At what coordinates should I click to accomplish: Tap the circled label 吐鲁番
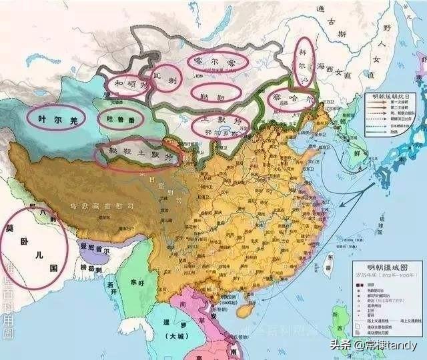120,118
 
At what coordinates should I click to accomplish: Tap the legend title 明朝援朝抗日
390,97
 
